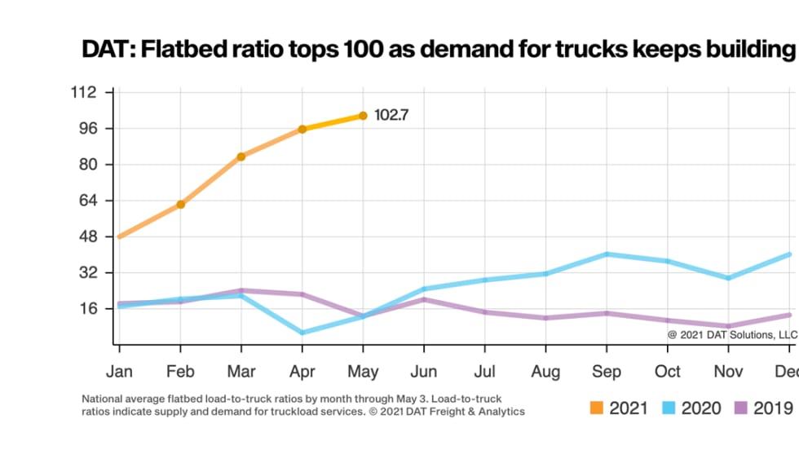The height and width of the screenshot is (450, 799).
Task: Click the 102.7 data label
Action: coord(391,116)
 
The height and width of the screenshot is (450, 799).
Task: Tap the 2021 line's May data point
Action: coord(363,116)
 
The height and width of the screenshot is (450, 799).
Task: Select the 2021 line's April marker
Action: coord(302,129)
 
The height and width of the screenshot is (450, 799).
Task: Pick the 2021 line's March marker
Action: coord(241,157)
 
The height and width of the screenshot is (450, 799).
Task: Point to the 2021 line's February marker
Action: coord(180,204)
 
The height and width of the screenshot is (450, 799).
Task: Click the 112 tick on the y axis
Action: coord(85,92)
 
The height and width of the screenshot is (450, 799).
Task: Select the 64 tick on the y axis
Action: coord(88,201)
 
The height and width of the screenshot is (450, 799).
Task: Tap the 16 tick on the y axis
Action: coord(88,308)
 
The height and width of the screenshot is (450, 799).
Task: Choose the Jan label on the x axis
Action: coord(119,372)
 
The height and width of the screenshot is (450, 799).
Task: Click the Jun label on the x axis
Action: coord(424,372)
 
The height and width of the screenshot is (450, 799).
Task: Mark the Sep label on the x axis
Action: coord(607,372)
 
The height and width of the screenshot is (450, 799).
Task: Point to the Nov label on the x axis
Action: coord(728,372)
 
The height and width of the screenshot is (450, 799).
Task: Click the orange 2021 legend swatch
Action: coord(598,408)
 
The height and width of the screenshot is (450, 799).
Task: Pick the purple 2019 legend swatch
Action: coord(741,408)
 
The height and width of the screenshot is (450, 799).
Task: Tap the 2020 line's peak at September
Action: coord(607,254)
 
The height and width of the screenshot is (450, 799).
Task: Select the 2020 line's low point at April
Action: coord(302,333)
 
